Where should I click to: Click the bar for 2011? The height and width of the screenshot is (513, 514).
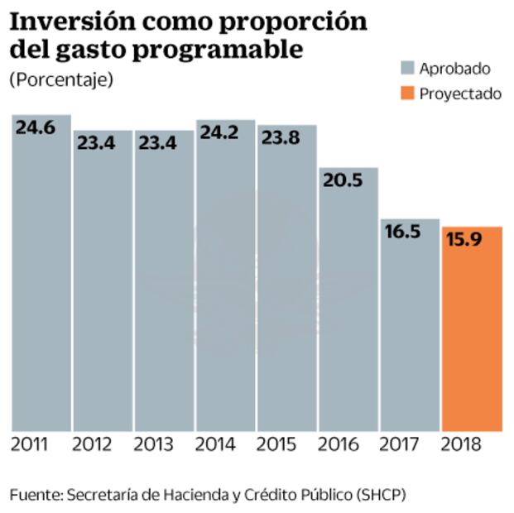tap(41, 273)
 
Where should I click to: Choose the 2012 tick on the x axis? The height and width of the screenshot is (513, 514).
tap(92, 444)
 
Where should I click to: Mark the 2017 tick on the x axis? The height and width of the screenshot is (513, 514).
tap(399, 444)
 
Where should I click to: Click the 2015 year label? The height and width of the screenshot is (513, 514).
tap(276, 444)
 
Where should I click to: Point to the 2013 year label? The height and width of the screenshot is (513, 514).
tap(153, 444)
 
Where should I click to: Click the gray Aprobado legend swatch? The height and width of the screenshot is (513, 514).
tap(406, 69)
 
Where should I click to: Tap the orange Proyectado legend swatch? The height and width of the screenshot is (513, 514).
tap(406, 93)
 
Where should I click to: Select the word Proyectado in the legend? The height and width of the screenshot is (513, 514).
tap(460, 93)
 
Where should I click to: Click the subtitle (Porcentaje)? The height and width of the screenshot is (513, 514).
tap(60, 80)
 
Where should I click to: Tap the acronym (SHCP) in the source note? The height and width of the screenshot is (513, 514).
tap(382, 494)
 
